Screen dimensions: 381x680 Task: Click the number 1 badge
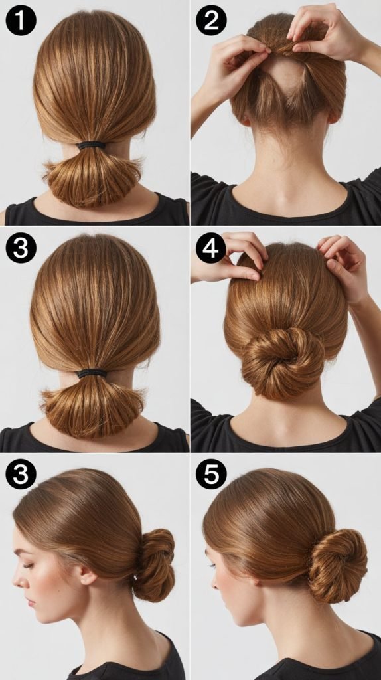click(21, 20)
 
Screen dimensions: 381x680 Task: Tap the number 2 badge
click(211, 20)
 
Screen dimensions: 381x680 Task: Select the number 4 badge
click(211, 248)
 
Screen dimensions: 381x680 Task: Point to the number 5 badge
click(211, 474)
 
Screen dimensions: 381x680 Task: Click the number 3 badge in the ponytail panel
click(21, 248)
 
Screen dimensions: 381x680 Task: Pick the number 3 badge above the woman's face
click(21, 474)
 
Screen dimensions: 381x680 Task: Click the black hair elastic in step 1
click(92, 145)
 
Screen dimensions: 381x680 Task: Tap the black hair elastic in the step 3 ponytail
click(92, 373)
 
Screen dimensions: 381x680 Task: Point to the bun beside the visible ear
click(155, 564)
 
